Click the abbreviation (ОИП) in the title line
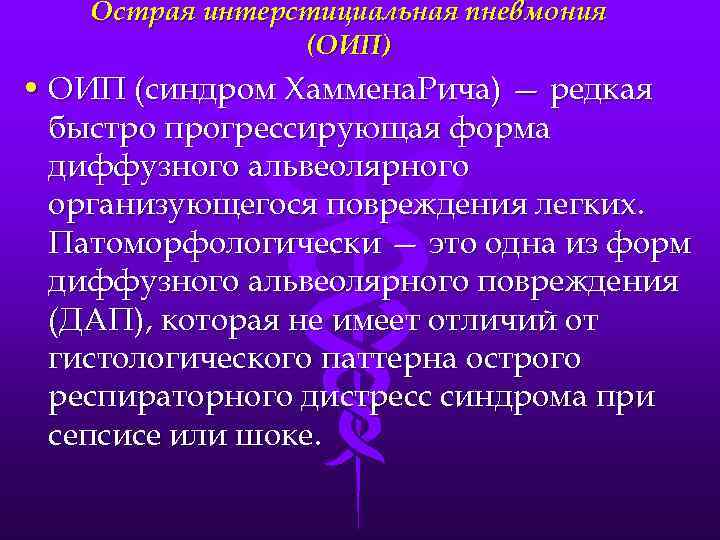(x=350, y=46)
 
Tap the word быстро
(x=99, y=131)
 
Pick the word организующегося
(x=166, y=207)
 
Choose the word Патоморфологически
(x=214, y=245)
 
